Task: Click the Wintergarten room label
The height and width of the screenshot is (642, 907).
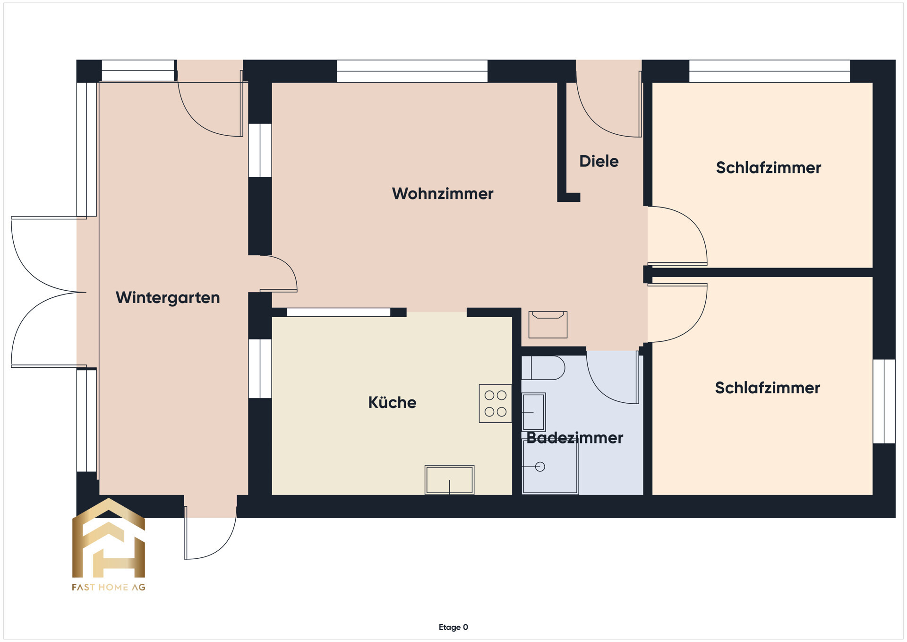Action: click(168, 298)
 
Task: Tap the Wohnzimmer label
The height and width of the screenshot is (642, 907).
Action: click(443, 193)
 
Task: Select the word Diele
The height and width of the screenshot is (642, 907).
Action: click(599, 161)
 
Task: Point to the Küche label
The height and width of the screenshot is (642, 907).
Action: click(392, 402)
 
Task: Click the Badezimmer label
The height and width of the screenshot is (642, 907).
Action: click(575, 438)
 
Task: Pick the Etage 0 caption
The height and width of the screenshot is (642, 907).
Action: click(453, 627)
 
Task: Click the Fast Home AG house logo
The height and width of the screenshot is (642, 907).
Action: click(109, 538)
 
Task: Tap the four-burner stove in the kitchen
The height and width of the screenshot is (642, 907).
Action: click(496, 403)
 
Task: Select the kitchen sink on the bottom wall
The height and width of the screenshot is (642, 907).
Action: click(449, 480)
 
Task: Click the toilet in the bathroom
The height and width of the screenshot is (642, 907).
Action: click(543, 368)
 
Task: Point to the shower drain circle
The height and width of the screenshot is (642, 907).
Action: click(540, 467)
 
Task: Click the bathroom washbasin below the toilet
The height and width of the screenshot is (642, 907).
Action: click(533, 412)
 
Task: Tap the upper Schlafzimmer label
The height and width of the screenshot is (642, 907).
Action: click(769, 168)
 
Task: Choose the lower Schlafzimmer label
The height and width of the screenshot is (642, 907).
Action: click(768, 388)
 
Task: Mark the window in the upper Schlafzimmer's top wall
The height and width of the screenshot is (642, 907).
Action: click(770, 71)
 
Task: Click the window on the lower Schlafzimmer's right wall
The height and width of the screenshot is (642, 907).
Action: click(884, 401)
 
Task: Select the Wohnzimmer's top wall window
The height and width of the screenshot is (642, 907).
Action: click(412, 71)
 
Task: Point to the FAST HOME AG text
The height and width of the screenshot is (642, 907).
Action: click(109, 587)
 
